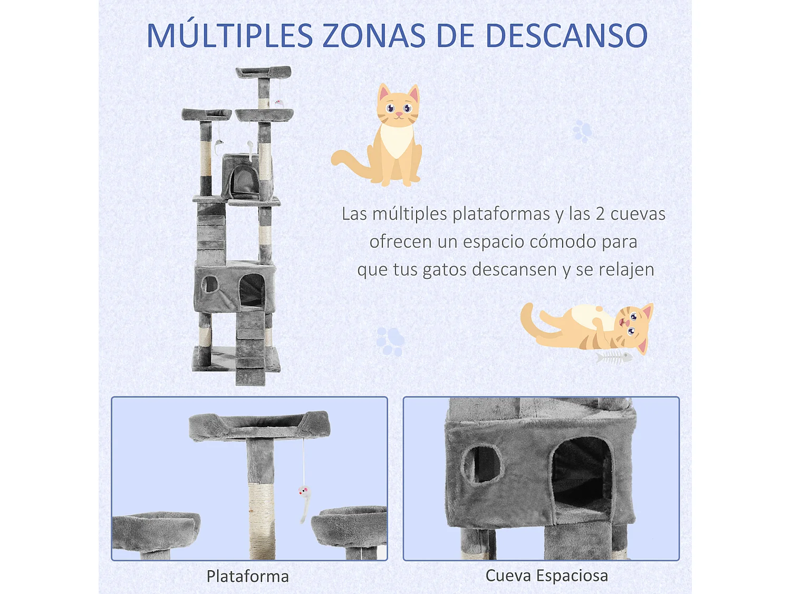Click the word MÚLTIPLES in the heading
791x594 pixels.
pyautogui.click(x=229, y=36)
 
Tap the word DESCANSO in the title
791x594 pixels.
pyautogui.click(x=566, y=36)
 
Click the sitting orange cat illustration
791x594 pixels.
pyautogui.click(x=385, y=137)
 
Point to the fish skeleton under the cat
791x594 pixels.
pyautogui.click(x=614, y=358)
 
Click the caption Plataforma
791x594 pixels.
pyautogui.click(x=247, y=576)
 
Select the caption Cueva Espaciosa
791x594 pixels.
pyautogui.click(x=546, y=576)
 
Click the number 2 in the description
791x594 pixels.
pyautogui.click(x=600, y=214)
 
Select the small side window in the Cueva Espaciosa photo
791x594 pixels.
pyautogui.click(x=481, y=464)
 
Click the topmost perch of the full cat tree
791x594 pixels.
pyautogui.click(x=264, y=72)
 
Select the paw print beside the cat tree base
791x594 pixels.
pyautogui.click(x=390, y=341)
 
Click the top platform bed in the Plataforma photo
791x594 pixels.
pyautogui.click(x=259, y=425)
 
